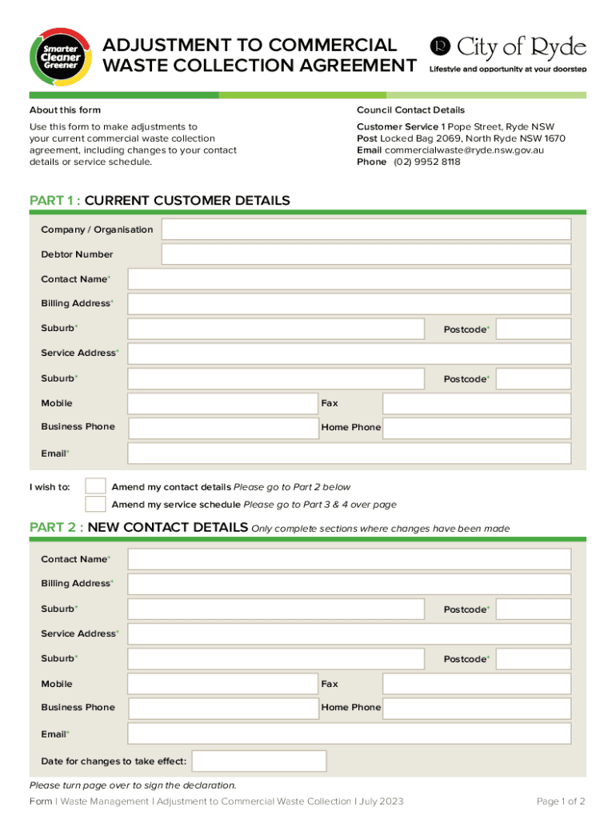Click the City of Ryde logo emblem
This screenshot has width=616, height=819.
tap(440, 46)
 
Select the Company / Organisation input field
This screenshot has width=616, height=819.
tap(366, 230)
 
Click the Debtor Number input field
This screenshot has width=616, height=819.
tap(366, 254)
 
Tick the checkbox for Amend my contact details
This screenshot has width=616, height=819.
tap(95, 486)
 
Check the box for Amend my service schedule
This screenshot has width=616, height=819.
tap(95, 504)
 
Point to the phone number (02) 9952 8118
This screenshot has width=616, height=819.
tap(426, 162)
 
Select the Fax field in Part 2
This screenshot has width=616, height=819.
tap(477, 684)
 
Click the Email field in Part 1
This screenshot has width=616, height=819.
tap(349, 453)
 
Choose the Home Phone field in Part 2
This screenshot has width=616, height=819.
tap(477, 708)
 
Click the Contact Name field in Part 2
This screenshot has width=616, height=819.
tap(349, 559)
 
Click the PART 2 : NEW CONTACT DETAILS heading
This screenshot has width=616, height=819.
tap(138, 527)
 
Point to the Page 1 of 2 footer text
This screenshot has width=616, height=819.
tap(561, 801)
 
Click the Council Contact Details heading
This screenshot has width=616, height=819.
tap(410, 110)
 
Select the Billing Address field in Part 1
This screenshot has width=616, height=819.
tap(349, 304)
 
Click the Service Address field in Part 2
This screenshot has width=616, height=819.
tap(349, 634)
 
